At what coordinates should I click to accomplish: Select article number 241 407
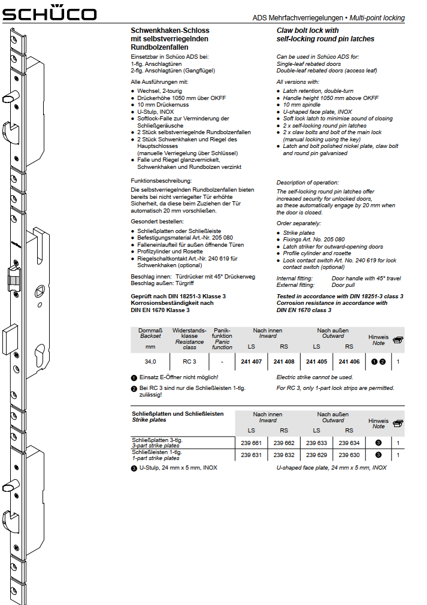point(252,362)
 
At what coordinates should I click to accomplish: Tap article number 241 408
point(284,362)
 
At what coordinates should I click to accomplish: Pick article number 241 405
point(316,362)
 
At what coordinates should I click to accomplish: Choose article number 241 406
point(349,362)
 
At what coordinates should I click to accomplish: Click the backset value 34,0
point(150,362)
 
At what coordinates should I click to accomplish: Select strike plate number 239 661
point(252,443)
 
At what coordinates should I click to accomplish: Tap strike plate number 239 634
point(349,443)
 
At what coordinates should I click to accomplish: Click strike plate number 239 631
point(252,455)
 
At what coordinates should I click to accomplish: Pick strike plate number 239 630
point(349,455)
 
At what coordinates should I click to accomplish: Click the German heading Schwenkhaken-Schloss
point(170,30)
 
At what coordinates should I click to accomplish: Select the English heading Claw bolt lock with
point(308,30)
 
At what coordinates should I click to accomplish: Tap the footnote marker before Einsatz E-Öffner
point(134,378)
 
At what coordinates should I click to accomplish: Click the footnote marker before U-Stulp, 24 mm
point(134,468)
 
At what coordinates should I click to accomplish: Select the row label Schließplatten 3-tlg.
point(157,440)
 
